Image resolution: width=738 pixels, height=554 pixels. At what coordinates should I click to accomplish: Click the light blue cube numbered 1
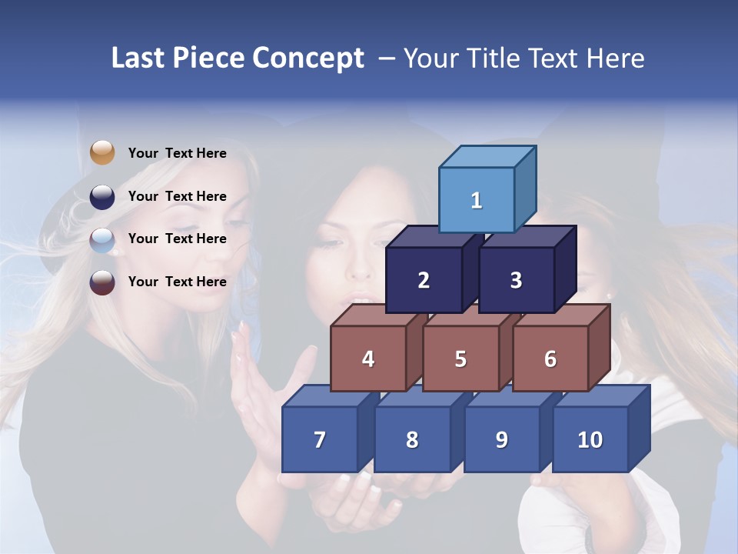pyautogui.click(x=477, y=200)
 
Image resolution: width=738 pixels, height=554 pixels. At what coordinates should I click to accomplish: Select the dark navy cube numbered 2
pyautogui.click(x=424, y=280)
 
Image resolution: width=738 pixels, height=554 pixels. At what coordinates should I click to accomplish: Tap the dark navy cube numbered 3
pyautogui.click(x=516, y=280)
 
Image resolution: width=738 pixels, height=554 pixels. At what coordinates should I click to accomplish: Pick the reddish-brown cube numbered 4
pyautogui.click(x=368, y=359)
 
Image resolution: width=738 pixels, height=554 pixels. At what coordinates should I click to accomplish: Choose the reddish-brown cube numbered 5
pyautogui.click(x=460, y=359)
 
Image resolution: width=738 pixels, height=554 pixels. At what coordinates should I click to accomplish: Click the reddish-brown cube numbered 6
pyautogui.click(x=550, y=359)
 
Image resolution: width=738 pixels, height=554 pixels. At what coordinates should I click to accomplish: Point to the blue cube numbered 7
pyautogui.click(x=320, y=439)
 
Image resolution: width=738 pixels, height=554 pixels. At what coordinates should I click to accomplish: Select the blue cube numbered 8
pyautogui.click(x=412, y=439)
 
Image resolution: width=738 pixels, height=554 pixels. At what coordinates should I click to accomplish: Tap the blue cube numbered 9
pyautogui.click(x=502, y=439)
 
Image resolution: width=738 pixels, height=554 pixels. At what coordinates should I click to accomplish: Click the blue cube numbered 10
pyautogui.click(x=590, y=439)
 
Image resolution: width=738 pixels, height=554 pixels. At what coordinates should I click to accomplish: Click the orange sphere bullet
pyautogui.click(x=102, y=152)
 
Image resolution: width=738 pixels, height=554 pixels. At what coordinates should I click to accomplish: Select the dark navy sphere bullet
pyautogui.click(x=102, y=196)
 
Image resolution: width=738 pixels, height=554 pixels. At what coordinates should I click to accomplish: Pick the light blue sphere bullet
pyautogui.click(x=102, y=239)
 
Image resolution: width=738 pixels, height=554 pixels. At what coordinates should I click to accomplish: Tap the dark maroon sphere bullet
pyautogui.click(x=102, y=282)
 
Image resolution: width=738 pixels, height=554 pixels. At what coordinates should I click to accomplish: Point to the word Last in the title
pyautogui.click(x=138, y=58)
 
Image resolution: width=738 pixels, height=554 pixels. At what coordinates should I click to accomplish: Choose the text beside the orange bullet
pyautogui.click(x=178, y=153)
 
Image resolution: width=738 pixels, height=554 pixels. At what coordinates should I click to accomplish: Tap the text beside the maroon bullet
pyautogui.click(x=178, y=282)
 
